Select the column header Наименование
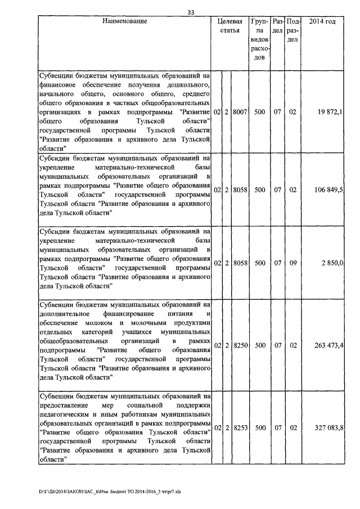(x=125, y=21)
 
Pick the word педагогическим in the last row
(x=65, y=413)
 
